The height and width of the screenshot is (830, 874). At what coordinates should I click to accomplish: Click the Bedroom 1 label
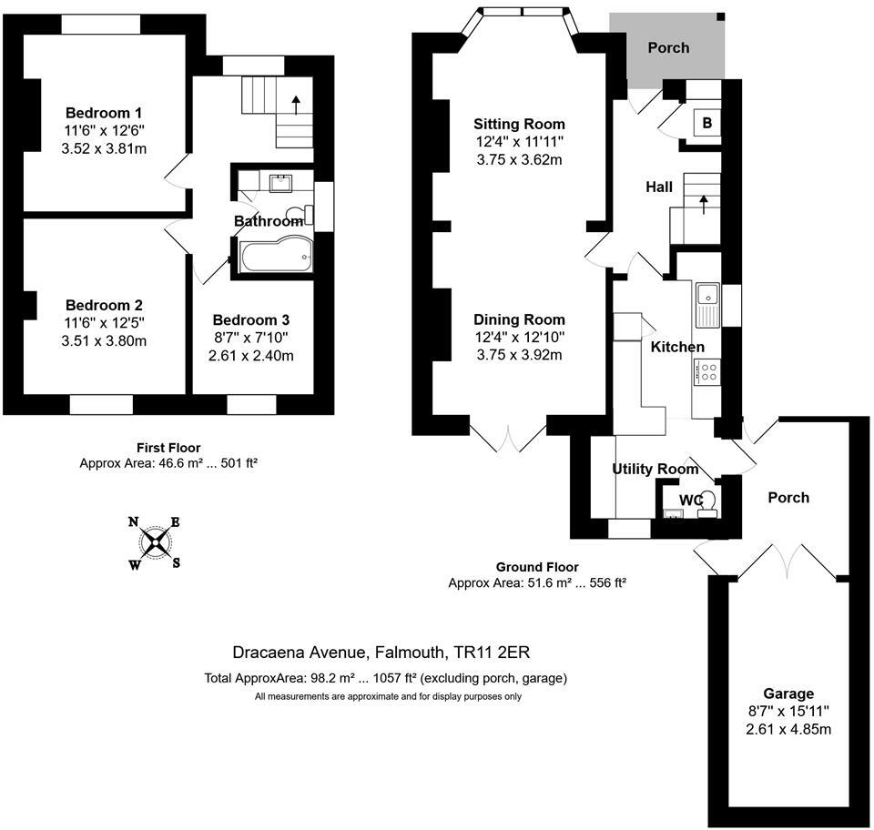pos(104,113)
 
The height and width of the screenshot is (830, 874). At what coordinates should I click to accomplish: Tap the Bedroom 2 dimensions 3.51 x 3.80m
pos(104,341)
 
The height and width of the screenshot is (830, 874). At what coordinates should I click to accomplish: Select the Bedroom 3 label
pos(251,320)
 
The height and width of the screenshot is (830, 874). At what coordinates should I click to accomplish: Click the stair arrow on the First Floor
pos(296,103)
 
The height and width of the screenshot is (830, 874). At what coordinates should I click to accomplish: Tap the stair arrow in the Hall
pos(704,204)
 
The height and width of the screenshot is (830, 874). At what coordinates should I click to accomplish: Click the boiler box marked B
pos(706,125)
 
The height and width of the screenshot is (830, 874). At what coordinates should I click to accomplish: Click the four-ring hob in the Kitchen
pos(706,371)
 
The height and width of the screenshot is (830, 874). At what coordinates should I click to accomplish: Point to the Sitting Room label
pos(519,124)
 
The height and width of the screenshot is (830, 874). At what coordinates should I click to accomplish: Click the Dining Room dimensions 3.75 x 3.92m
pos(519,355)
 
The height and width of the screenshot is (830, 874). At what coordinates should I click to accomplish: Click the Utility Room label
pos(655,470)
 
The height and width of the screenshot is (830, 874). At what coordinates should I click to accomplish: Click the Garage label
pos(788,693)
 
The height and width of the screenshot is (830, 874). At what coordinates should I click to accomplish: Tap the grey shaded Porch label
pos(668,47)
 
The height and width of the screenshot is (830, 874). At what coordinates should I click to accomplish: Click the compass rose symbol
pos(156,542)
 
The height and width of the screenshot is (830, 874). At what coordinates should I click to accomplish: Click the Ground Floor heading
pos(537,567)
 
